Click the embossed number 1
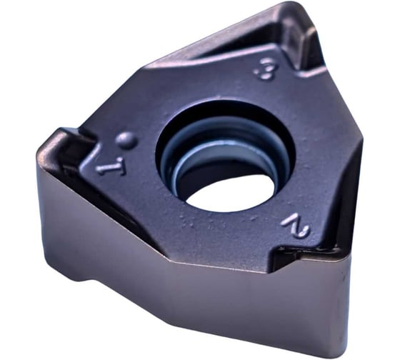111,167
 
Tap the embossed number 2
296,226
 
